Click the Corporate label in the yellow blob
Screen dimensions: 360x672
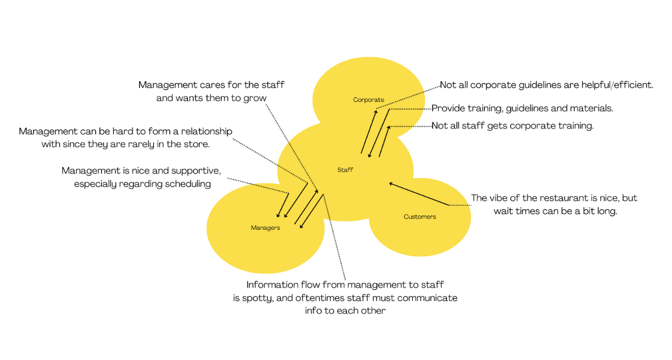pyautogui.click(x=369, y=100)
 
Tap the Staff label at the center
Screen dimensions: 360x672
pyautogui.click(x=345, y=170)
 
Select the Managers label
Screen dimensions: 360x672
pyautogui.click(x=265, y=228)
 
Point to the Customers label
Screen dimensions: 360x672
pyautogui.click(x=419, y=217)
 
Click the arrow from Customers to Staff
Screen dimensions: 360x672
pyautogui.click(x=419, y=194)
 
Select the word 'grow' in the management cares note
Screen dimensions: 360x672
pyautogui.click(x=255, y=98)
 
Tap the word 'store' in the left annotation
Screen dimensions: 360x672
pyautogui.click(x=196, y=143)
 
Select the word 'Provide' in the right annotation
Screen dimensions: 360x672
pyautogui.click(x=447, y=108)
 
